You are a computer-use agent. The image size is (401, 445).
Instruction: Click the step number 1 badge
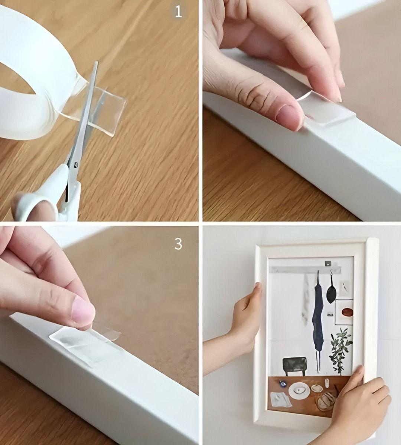click(x=178, y=12)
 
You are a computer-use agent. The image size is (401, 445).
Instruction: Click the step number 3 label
click(x=178, y=244)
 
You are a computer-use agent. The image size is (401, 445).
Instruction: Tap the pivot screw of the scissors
click(x=76, y=164)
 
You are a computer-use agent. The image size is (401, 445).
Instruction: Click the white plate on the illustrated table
click(x=299, y=391)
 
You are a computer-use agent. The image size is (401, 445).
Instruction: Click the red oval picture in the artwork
click(x=347, y=312)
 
